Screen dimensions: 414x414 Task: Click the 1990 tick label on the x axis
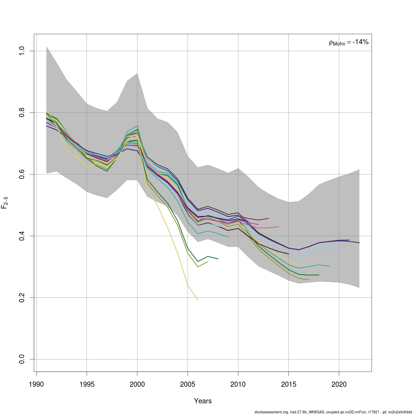pos(36,384)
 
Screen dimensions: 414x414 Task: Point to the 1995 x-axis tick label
pos(87,384)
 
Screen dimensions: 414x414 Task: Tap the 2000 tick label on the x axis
pos(137,384)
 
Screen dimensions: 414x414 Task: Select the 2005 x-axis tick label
pos(188,384)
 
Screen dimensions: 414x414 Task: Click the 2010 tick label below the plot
pos(238,384)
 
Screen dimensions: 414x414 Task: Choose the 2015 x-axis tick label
pos(288,384)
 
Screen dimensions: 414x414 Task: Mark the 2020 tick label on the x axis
pos(339,384)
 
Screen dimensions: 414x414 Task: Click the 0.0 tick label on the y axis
pos(22,359)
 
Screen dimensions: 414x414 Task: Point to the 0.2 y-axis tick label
pos(22,297)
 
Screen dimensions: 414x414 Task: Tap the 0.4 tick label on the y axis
pos(22,236)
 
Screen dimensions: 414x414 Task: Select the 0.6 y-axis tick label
pos(22,174)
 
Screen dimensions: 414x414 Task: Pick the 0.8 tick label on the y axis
pos(22,113)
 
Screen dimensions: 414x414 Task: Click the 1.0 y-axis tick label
pos(22,51)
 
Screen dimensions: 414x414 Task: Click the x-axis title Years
pos(203,401)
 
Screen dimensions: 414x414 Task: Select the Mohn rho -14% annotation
pos(349,42)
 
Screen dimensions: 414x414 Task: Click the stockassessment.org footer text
pos(333,412)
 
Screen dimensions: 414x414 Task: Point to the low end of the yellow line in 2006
pos(198,299)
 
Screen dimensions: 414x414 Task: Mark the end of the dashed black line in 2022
pos(359,243)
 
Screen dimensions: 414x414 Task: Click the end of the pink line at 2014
pos(278,227)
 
